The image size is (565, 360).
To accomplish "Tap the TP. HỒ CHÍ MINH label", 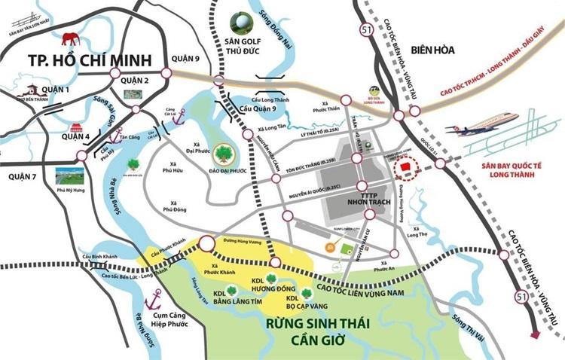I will click(x=89, y=60).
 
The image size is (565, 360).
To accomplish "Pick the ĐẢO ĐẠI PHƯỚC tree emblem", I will click(x=224, y=154).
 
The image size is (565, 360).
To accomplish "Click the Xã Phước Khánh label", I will click(x=225, y=270).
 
